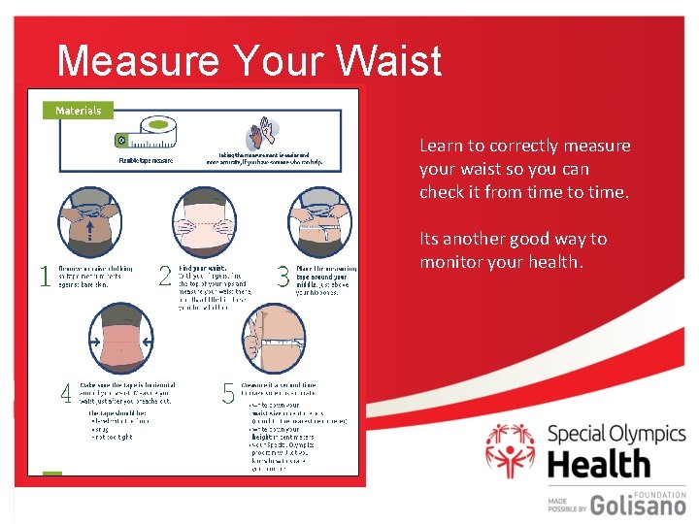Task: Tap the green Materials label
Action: point(78,111)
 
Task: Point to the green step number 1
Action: point(43,278)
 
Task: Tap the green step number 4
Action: point(66,394)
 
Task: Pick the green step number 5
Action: point(228,394)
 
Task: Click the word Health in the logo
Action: point(599,465)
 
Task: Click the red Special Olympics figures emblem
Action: point(510,449)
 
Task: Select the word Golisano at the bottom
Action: point(637,505)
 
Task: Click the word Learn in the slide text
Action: point(441,146)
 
